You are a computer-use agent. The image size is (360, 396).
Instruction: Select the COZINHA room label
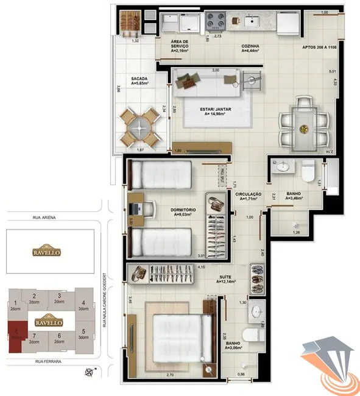[x=250, y=48]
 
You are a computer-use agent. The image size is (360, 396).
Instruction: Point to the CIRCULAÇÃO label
[x=249, y=196]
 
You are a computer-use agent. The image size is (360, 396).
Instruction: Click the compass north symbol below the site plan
[x=90, y=371]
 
